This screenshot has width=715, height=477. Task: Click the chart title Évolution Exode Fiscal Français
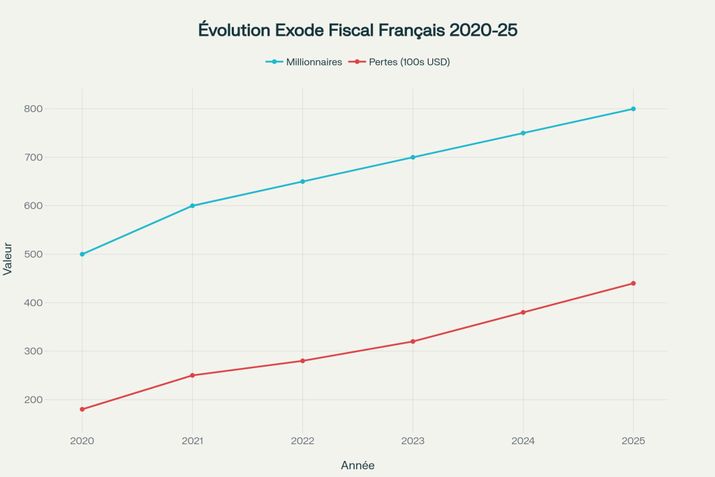click(x=357, y=31)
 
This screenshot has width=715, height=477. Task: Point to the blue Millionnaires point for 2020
click(x=82, y=254)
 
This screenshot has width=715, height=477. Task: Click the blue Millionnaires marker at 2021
click(x=193, y=206)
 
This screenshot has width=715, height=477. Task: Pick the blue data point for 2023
click(x=413, y=157)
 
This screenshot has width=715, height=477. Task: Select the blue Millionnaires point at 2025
click(x=633, y=109)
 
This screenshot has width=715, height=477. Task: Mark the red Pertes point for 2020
click(x=82, y=409)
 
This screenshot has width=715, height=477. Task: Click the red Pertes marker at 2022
click(x=302, y=361)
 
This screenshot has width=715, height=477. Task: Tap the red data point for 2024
click(x=523, y=312)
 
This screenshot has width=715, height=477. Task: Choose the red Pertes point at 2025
click(x=633, y=284)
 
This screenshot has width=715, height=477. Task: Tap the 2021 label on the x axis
click(x=193, y=441)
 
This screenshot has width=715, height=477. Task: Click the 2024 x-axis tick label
click(x=523, y=441)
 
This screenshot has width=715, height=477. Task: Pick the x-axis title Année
click(x=357, y=465)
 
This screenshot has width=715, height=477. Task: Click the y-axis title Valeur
click(x=8, y=258)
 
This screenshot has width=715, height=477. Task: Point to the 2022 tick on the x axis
click(x=302, y=441)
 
